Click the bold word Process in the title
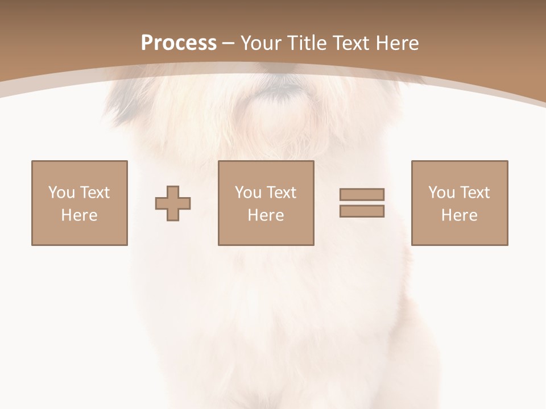click(179, 43)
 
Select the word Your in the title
click(261, 43)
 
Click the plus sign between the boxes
click(173, 203)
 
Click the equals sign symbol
click(362, 203)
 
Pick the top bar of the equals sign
click(362, 195)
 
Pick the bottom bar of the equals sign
click(362, 211)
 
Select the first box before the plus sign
click(80, 203)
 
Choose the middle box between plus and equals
click(266, 203)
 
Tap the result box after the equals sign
click(460, 203)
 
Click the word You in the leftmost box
click(61, 193)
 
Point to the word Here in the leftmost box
click(80, 215)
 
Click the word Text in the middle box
click(282, 193)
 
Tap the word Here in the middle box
click(266, 215)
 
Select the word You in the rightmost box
click(441, 193)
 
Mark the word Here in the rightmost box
click(460, 215)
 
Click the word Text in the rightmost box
click(475, 193)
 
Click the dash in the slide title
click(229, 44)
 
